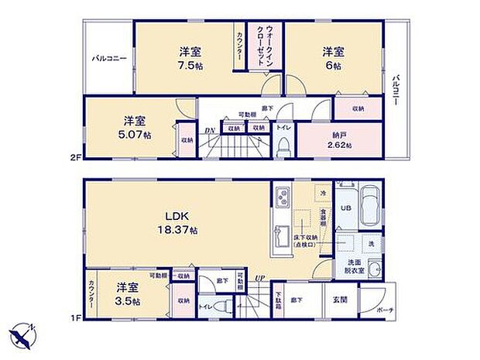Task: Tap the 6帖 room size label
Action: click(334, 67)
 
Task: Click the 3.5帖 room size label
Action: click(128, 300)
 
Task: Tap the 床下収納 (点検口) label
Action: click(304, 242)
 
